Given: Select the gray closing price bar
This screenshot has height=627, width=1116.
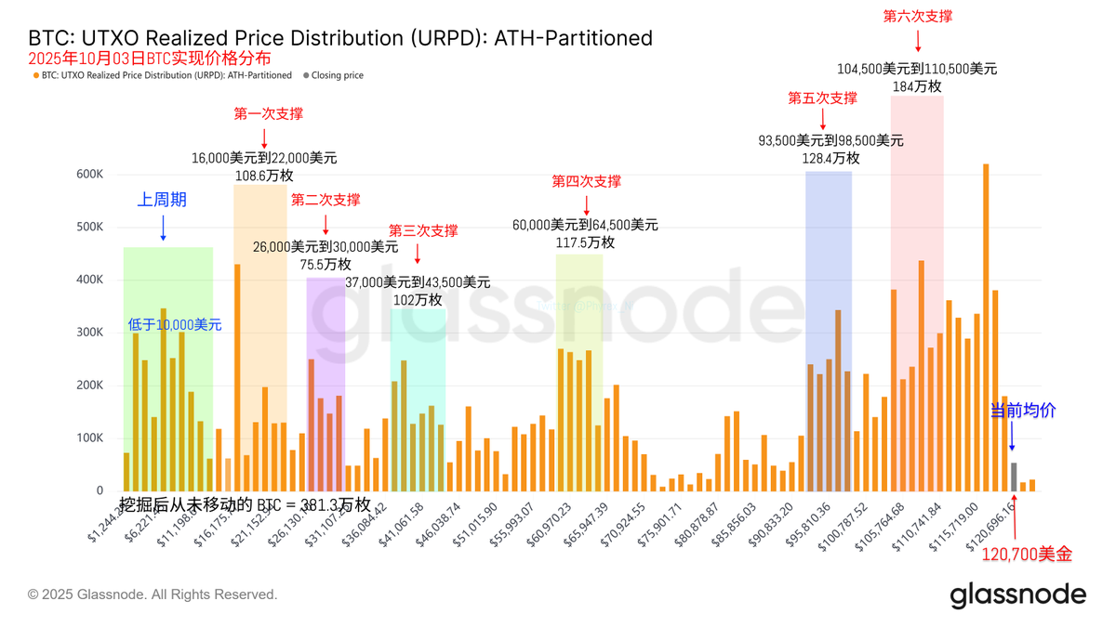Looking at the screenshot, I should click(1014, 477).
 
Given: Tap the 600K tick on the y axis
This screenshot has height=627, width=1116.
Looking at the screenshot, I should click(90, 175).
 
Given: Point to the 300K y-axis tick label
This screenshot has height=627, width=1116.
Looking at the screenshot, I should click(90, 333).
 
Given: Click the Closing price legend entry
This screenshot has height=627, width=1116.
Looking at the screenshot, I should click(337, 75).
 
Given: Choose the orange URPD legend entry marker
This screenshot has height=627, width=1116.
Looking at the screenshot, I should click(36, 75).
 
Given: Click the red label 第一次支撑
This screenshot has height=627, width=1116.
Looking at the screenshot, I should click(268, 114).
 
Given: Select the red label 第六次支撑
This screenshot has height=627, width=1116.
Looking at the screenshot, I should click(917, 17).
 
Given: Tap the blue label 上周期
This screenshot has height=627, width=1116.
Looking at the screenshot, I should click(163, 200).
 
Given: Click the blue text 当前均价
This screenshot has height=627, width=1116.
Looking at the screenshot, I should click(1023, 411).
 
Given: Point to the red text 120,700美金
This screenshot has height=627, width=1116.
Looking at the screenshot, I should click(1027, 555).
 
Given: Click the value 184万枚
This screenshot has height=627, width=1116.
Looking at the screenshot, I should click(917, 86).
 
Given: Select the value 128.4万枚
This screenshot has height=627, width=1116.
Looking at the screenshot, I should click(830, 158).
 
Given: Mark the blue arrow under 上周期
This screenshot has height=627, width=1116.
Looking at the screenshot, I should click(163, 228).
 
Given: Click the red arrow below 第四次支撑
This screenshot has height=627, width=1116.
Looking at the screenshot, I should click(586, 204).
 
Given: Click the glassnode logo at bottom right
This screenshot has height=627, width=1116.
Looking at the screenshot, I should click(1017, 594).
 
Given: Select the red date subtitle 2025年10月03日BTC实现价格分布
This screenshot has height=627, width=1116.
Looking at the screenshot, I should click(150, 58).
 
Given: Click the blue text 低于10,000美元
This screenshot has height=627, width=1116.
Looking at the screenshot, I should click(175, 325).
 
